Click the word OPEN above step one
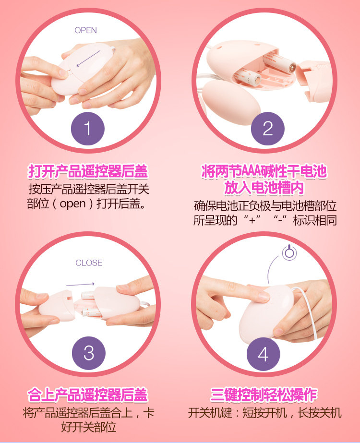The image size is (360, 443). [85, 30]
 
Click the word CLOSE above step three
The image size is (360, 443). [89, 263]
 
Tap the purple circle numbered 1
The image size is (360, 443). [87, 129]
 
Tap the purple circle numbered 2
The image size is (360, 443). [267, 129]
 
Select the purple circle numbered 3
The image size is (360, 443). [89, 353]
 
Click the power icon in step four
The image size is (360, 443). [289, 252]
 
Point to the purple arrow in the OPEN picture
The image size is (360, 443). [88, 59]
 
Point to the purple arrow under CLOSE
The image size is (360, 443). [80, 284]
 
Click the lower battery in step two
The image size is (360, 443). [247, 77]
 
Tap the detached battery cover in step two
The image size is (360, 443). [314, 82]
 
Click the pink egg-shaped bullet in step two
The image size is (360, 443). [228, 102]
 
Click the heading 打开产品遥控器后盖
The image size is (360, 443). [88, 171]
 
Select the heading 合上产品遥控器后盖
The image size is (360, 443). [87, 395]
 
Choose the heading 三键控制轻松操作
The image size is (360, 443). [264, 395]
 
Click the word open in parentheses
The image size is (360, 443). [72, 204]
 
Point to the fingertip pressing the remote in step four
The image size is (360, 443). [264, 296]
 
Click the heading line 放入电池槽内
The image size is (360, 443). [264, 188]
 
